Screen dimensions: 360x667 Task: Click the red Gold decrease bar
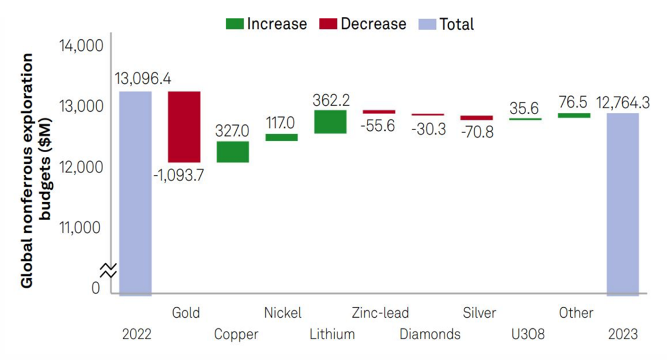[x=184, y=126]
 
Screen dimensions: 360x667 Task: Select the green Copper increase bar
[x=233, y=152]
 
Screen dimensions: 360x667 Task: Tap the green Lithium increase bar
[x=330, y=122]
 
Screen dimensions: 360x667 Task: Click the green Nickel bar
[x=281, y=137]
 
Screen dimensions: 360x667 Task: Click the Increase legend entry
[x=266, y=24]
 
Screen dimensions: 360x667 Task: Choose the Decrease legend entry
[x=362, y=24]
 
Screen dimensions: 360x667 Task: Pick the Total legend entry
[x=448, y=24]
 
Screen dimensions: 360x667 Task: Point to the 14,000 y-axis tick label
[x=81, y=46]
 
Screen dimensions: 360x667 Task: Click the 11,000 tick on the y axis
[x=81, y=227]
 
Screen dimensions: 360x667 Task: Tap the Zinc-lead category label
[x=380, y=313]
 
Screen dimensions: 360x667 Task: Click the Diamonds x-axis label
[x=430, y=334]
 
